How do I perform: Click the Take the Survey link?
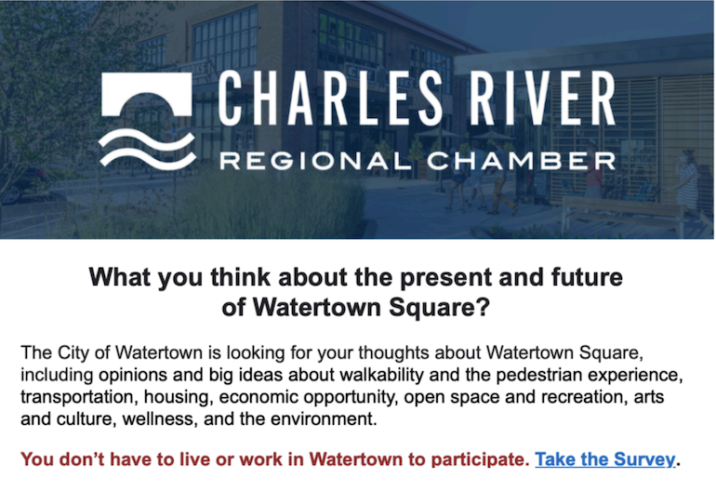click(x=604, y=459)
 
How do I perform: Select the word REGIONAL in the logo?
click(x=315, y=161)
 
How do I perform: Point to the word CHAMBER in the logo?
click(x=522, y=161)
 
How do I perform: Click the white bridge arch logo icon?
click(x=146, y=89)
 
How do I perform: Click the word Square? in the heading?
click(x=439, y=308)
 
